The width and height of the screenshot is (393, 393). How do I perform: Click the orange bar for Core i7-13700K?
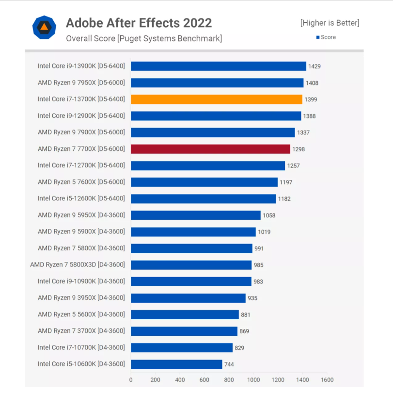click(x=217, y=99)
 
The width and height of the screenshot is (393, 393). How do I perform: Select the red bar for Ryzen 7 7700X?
click(x=210, y=149)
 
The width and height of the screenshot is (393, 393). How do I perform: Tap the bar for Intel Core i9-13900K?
click(x=219, y=66)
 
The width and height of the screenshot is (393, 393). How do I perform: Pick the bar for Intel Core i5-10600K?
click(x=176, y=364)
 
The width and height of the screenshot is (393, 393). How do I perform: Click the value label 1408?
click(x=312, y=83)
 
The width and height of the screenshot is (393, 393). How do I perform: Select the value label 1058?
click(x=268, y=215)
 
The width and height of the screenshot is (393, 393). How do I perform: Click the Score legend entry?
click(x=326, y=37)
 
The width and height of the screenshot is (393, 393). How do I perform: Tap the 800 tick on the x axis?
click(x=229, y=380)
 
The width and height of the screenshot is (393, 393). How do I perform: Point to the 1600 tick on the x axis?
click(x=327, y=380)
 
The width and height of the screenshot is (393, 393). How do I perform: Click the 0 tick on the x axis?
click(x=131, y=380)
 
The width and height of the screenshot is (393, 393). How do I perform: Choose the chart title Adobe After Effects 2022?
click(x=139, y=23)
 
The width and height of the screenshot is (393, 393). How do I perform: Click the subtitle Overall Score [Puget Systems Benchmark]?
click(x=144, y=38)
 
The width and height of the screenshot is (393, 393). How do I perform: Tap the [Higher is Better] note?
click(x=330, y=23)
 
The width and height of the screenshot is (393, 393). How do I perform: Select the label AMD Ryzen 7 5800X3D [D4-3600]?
click(x=78, y=265)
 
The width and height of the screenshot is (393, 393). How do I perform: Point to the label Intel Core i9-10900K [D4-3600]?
click(x=81, y=281)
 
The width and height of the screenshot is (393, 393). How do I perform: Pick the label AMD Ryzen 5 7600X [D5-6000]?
click(x=81, y=182)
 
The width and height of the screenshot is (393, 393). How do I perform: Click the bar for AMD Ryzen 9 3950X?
click(x=188, y=298)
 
